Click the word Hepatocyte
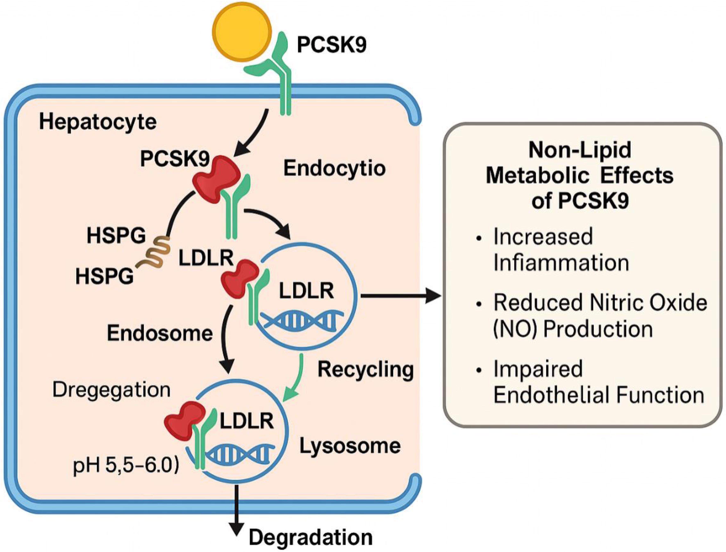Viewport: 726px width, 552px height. coord(98,122)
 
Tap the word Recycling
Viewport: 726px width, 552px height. coord(365,369)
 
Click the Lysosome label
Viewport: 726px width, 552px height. coord(350,446)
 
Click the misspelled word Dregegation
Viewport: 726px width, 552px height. coord(111,390)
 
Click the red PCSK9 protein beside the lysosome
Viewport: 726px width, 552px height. coord(184,421)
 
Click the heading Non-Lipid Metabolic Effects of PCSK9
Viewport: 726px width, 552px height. coord(580,176)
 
